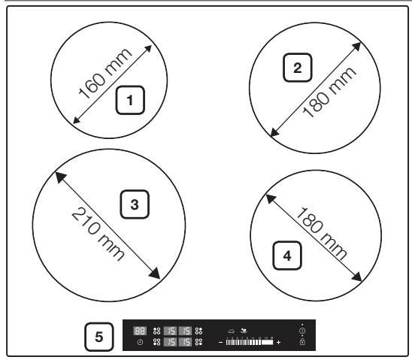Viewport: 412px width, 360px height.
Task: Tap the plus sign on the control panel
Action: click(x=278, y=343)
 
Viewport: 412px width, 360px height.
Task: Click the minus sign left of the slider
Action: click(x=220, y=343)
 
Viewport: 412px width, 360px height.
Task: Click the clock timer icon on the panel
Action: click(x=140, y=343)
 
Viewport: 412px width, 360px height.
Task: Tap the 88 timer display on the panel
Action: click(x=140, y=331)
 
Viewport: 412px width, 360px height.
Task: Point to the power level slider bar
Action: click(x=249, y=343)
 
